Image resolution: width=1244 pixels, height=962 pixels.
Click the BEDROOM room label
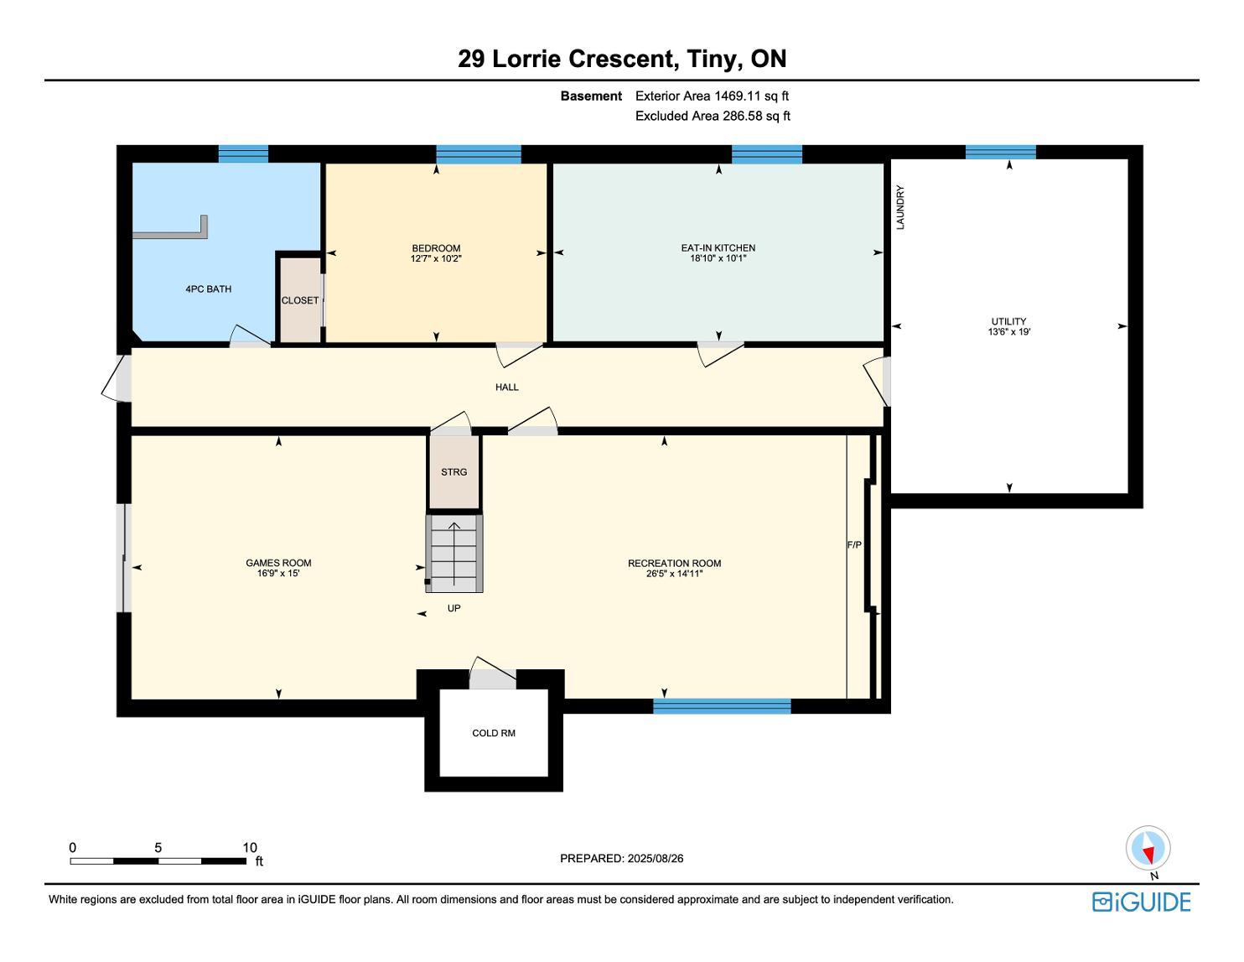(x=436, y=248)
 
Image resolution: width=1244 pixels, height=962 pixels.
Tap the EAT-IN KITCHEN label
(x=718, y=248)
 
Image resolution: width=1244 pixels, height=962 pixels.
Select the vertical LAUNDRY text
(x=900, y=207)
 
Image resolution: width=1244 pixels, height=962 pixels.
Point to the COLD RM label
(x=494, y=733)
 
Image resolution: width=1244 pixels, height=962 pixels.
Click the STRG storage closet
(x=454, y=472)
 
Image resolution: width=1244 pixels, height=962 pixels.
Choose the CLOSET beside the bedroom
(x=300, y=300)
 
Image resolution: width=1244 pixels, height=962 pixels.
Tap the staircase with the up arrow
(x=454, y=554)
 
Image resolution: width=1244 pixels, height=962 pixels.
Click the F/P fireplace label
(x=854, y=545)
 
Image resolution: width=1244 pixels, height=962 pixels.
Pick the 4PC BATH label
(x=209, y=289)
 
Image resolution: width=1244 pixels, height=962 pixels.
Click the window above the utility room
(x=1001, y=153)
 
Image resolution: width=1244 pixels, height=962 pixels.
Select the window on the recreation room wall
(x=722, y=706)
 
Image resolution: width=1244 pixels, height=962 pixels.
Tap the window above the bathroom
(x=243, y=154)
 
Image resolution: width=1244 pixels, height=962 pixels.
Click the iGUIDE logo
(x=1141, y=902)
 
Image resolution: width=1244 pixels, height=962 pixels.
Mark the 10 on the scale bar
(x=250, y=847)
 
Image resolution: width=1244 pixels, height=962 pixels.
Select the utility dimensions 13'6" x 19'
(x=1008, y=331)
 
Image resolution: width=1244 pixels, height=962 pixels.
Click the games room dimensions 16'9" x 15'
(x=278, y=573)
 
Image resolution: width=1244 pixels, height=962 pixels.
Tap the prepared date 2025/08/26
(x=655, y=858)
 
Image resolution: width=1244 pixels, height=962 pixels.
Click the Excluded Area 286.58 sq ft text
(x=713, y=117)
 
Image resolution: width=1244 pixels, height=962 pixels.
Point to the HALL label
(x=506, y=387)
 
